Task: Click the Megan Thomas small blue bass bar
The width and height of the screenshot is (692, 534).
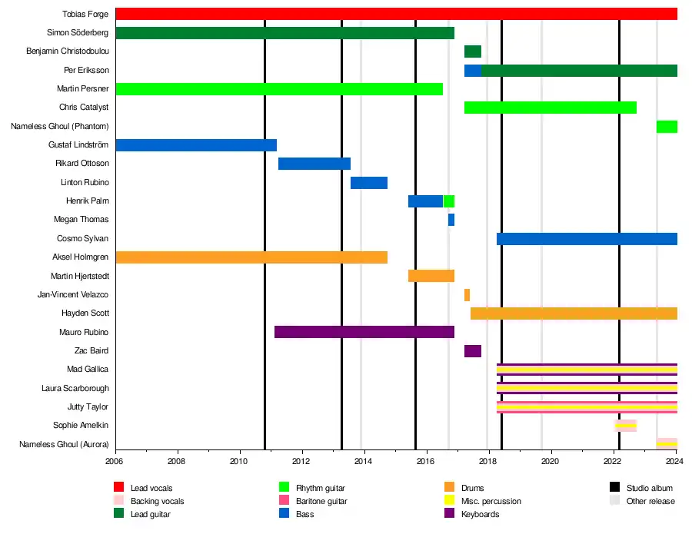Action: (x=451, y=220)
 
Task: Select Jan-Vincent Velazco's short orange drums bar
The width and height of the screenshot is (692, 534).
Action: (x=467, y=295)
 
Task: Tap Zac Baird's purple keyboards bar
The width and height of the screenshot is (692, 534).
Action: (x=473, y=351)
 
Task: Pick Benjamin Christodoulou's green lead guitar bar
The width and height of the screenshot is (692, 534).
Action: (x=473, y=51)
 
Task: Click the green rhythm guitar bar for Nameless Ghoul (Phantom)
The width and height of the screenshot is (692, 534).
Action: (x=667, y=127)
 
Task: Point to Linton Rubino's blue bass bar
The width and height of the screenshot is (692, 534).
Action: (x=369, y=183)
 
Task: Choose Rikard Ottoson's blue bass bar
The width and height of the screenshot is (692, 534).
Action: (x=314, y=164)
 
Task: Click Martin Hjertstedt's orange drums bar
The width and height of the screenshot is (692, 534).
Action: (x=431, y=276)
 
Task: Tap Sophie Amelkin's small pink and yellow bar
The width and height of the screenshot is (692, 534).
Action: (x=625, y=425)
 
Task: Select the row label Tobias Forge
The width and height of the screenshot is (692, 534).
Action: (x=85, y=14)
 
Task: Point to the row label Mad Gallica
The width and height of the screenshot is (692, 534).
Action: (x=86, y=370)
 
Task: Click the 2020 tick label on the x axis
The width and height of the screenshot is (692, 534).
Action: (x=551, y=462)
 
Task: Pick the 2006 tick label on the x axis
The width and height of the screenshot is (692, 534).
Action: (x=115, y=462)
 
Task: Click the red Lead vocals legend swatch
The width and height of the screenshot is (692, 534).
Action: (x=119, y=488)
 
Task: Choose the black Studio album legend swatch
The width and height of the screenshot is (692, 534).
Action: (x=615, y=488)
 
